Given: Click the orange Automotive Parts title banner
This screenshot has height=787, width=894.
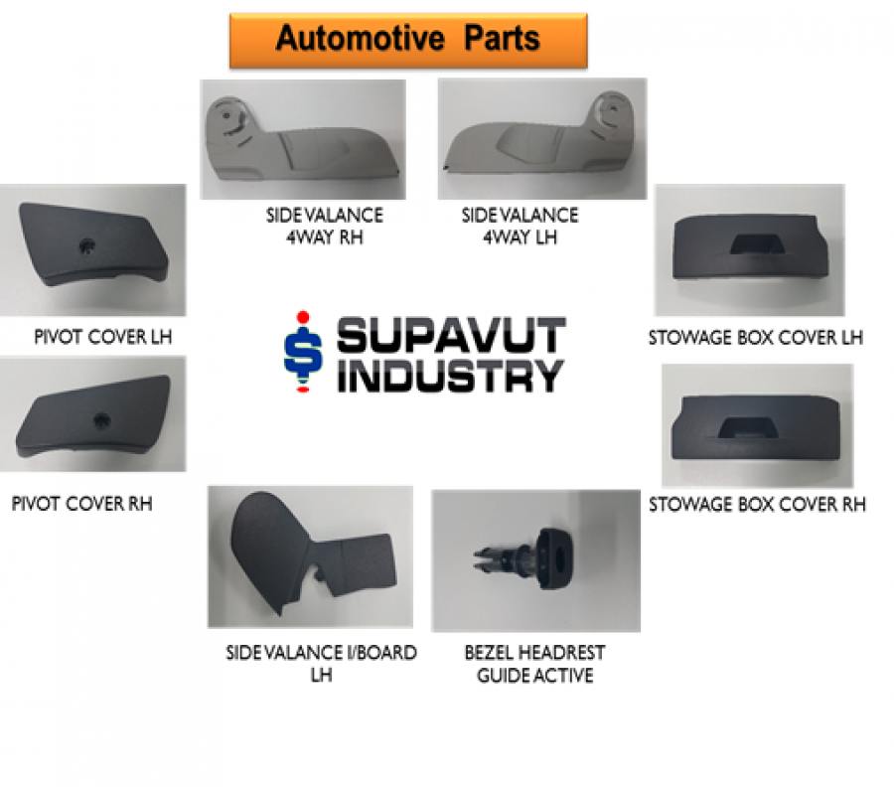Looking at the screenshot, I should tap(408, 40).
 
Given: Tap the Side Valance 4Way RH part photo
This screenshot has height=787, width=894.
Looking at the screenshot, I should tap(303, 140).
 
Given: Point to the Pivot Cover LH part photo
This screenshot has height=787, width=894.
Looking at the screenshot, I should tap(92, 249).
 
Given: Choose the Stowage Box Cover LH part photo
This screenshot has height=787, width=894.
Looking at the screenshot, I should tap(750, 249).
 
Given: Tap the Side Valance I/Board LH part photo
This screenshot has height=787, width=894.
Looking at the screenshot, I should tap(310, 556).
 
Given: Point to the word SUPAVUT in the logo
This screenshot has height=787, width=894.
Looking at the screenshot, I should tap(451, 336).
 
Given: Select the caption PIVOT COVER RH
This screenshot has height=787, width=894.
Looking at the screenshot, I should tap(82, 504).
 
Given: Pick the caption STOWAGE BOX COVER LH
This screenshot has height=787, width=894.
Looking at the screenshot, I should tap(756, 337).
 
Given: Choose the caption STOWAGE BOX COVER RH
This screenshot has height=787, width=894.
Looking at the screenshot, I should tap(757, 504).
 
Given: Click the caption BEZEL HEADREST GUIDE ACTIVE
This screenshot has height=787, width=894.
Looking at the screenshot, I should tap(534, 664).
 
